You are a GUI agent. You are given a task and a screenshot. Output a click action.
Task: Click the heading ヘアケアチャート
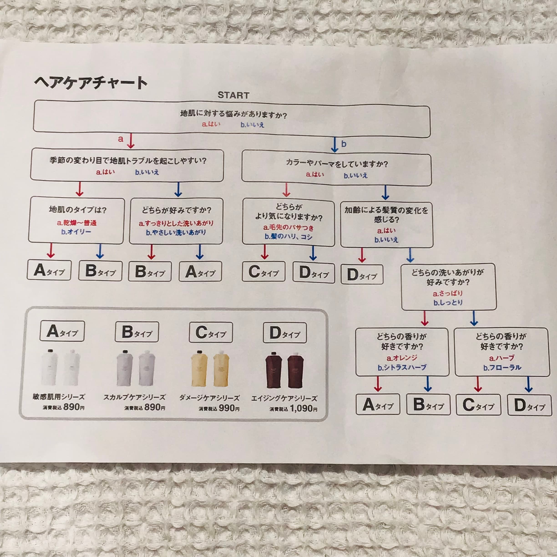click(91, 83)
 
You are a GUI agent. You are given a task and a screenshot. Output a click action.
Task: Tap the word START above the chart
click(233, 95)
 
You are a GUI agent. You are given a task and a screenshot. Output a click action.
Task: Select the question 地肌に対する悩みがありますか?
click(233, 114)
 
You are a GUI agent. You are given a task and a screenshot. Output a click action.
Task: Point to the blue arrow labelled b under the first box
click(334, 144)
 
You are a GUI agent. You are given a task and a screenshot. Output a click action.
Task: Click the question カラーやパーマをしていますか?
click(337, 164)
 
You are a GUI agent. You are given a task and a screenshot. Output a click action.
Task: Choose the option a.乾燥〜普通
click(77, 223)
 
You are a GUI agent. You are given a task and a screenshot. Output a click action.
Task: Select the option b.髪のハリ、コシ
click(288, 237)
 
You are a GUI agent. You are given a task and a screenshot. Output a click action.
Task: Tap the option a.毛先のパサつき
click(288, 228)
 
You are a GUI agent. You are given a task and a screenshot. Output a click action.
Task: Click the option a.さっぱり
click(448, 294)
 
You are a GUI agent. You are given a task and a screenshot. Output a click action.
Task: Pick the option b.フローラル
click(502, 368)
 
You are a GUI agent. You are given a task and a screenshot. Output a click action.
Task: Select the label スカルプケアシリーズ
click(134, 397)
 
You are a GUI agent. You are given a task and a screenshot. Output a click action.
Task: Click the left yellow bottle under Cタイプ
click(199, 369)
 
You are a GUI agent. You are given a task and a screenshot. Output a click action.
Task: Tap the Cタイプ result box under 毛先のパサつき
click(263, 272)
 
